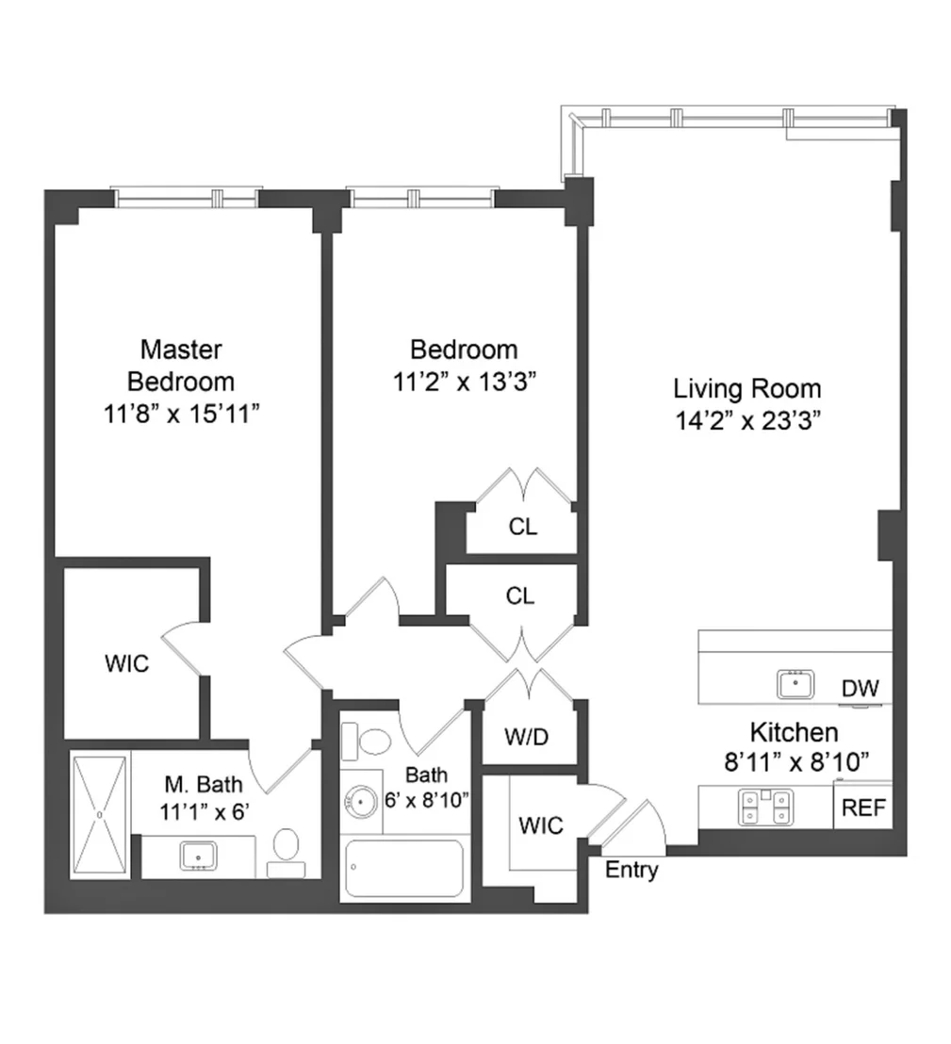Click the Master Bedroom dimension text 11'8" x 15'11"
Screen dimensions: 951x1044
181,415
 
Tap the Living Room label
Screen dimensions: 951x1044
746,388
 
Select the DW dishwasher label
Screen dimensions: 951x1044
860,688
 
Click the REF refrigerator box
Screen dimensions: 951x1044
863,806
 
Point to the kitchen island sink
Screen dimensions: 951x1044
795,684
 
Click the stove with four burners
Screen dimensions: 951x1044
765,807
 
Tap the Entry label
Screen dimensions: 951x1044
631,870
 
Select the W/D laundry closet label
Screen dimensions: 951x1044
526,737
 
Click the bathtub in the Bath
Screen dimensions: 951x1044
404,869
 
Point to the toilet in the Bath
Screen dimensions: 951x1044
367,741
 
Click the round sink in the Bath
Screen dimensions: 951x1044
362,802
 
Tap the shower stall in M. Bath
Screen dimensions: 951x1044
99,814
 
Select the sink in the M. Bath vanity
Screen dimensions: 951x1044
199,856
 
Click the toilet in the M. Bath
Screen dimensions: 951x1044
287,853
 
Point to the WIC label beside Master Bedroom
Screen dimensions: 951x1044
126,663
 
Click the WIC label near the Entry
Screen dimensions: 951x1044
541,825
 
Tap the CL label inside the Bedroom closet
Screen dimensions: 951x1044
523,527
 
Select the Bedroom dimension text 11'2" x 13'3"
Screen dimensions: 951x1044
464,383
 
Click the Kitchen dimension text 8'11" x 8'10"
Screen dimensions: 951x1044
796,761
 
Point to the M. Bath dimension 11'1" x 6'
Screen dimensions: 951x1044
204,811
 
